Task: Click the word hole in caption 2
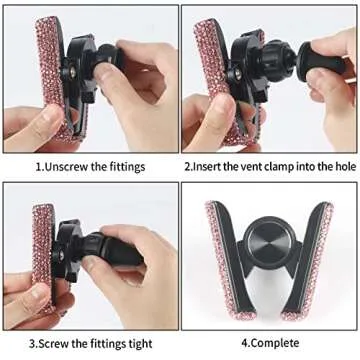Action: click(x=340, y=166)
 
